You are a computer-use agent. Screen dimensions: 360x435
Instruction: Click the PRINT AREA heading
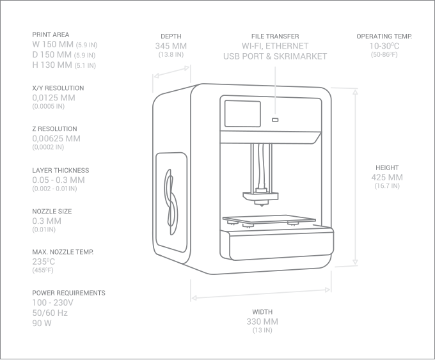click(x=51, y=35)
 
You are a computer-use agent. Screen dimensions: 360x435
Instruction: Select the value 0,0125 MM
click(x=54, y=98)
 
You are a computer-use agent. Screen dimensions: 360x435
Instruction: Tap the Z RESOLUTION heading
click(x=54, y=129)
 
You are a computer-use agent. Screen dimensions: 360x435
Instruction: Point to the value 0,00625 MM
click(x=56, y=139)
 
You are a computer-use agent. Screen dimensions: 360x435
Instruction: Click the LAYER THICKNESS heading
click(x=61, y=171)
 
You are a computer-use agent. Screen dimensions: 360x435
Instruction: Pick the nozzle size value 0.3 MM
click(x=47, y=221)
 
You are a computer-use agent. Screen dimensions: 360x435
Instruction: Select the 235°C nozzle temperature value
click(x=43, y=262)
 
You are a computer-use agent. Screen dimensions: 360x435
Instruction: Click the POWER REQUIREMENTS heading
click(x=68, y=293)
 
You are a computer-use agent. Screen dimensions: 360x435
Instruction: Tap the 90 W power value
click(x=42, y=324)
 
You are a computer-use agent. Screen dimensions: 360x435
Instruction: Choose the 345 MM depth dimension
click(x=171, y=46)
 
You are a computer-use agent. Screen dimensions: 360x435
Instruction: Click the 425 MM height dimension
click(x=387, y=177)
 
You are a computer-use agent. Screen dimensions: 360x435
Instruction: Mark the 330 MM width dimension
click(x=262, y=322)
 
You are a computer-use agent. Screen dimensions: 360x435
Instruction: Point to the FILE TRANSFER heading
click(x=275, y=36)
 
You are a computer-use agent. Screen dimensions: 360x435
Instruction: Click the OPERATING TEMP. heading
click(x=384, y=36)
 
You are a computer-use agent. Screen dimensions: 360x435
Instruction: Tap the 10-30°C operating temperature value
click(x=384, y=46)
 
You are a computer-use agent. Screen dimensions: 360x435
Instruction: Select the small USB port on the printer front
click(x=275, y=120)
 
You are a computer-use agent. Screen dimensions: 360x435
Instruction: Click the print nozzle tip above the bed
click(x=262, y=205)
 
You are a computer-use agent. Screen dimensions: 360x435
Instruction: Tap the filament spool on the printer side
click(x=170, y=198)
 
